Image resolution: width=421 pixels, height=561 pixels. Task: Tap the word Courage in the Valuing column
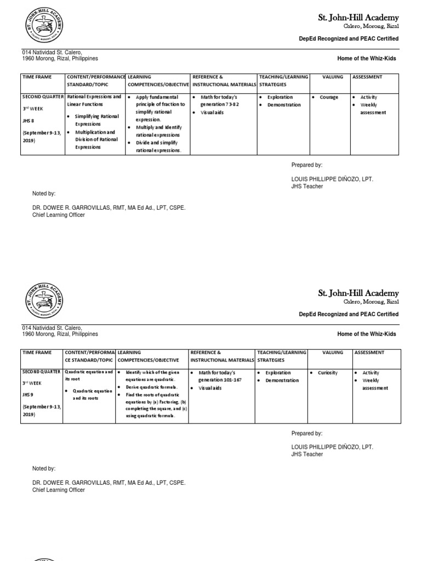pos(329,98)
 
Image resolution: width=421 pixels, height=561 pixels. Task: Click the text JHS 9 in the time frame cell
pos(28,396)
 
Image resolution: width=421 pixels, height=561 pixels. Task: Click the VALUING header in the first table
pos(333,77)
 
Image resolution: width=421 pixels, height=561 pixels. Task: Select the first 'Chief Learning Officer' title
pos(59,215)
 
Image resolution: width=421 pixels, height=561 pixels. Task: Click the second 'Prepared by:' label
pos(307,433)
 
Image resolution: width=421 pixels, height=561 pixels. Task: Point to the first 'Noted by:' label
pos(44,193)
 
